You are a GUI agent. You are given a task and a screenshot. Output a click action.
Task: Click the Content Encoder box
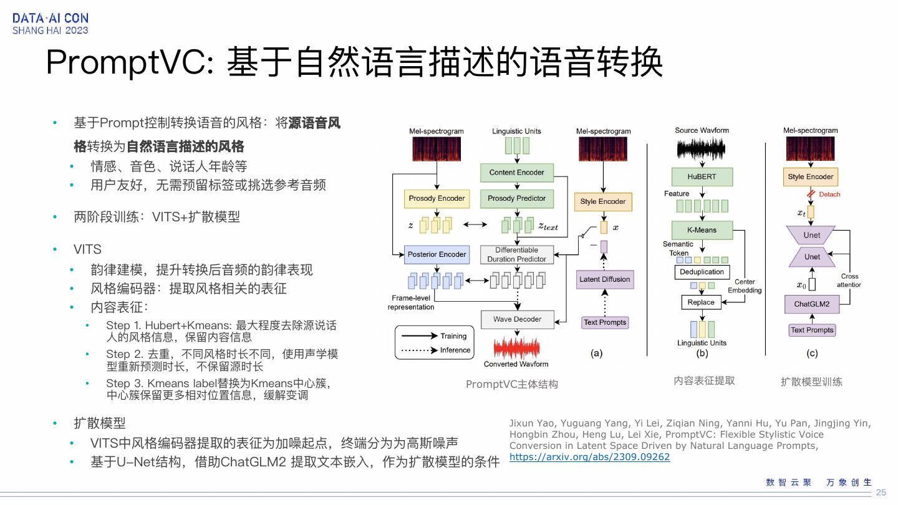[x=516, y=173]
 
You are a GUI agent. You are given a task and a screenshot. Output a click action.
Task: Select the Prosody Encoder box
[x=437, y=199]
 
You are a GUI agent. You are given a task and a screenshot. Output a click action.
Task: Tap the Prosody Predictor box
[x=516, y=199]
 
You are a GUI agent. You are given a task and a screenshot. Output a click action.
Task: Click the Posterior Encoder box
[x=437, y=254]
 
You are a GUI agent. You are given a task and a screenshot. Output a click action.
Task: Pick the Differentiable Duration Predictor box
[x=516, y=254]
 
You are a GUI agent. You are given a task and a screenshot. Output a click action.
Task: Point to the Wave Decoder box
[x=517, y=319]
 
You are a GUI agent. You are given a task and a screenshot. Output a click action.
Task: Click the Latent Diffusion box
[x=604, y=279]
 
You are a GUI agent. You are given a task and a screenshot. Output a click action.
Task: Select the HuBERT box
[x=702, y=177]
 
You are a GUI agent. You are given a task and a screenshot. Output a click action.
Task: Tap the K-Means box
[x=702, y=230]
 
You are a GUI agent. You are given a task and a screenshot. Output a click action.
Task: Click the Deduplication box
[x=702, y=272]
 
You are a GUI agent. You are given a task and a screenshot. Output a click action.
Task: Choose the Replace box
[x=701, y=302]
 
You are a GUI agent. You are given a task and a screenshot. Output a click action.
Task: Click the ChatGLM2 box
[x=811, y=304]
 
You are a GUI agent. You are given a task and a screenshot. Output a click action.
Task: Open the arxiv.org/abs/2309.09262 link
[x=589, y=457]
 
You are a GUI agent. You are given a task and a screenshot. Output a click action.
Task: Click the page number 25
[x=881, y=493]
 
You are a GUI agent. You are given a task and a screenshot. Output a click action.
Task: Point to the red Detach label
[x=829, y=195]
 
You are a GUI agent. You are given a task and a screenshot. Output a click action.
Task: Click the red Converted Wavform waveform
[x=516, y=347]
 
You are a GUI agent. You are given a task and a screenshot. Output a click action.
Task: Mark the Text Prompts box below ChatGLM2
[x=812, y=330]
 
